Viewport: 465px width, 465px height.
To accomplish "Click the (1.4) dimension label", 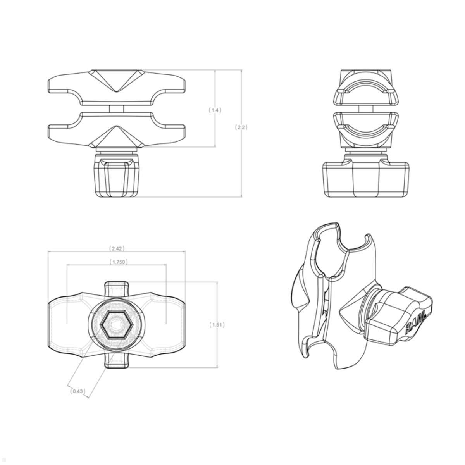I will [215, 110].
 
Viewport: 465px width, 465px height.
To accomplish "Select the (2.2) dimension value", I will [241, 127].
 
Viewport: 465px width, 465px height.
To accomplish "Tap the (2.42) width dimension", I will [117, 248].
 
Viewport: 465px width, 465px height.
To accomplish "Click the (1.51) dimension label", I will [217, 325].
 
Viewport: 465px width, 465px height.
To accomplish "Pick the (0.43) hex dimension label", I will [77, 391].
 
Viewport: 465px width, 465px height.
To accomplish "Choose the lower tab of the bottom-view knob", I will [117, 360].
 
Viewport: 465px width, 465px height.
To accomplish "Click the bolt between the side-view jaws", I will [366, 108].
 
